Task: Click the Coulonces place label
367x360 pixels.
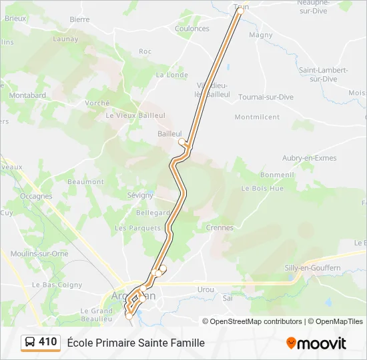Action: click(192, 29)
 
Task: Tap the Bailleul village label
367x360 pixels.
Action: click(169, 134)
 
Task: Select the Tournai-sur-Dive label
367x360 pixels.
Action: click(266, 97)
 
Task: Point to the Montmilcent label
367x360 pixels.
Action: click(257, 117)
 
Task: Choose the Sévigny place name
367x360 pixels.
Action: click(140, 195)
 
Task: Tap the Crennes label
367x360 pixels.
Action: click(220, 227)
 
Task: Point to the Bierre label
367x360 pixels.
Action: click(79, 19)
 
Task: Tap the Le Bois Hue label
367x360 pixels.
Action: click(262, 189)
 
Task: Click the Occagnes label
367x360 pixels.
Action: click(36, 197)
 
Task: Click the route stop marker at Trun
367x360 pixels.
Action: click(241, 11)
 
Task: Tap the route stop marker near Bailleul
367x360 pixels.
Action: click(181, 141)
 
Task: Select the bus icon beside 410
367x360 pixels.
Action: click(30, 343)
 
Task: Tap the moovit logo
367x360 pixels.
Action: click(316, 343)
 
